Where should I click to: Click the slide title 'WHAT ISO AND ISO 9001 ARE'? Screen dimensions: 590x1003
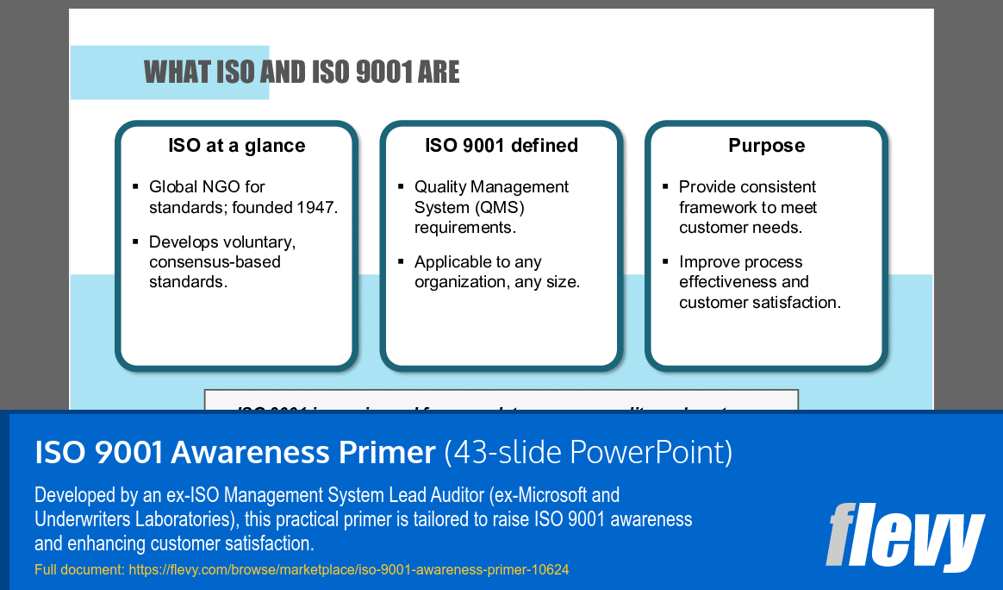click(x=302, y=72)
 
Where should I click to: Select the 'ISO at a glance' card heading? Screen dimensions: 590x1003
click(x=236, y=146)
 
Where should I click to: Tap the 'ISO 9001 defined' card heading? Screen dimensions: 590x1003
click(x=501, y=146)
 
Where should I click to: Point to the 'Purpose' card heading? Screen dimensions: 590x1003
click(x=766, y=146)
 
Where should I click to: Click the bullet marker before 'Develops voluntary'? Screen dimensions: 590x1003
click(x=135, y=242)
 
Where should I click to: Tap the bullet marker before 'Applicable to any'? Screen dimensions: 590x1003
click(x=401, y=261)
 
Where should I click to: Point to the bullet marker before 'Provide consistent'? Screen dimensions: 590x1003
click(x=665, y=187)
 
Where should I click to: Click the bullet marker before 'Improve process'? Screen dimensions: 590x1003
click(x=665, y=261)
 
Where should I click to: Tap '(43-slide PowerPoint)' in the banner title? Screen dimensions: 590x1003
click(x=589, y=452)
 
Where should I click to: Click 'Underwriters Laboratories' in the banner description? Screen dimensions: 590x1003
click(x=136, y=519)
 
